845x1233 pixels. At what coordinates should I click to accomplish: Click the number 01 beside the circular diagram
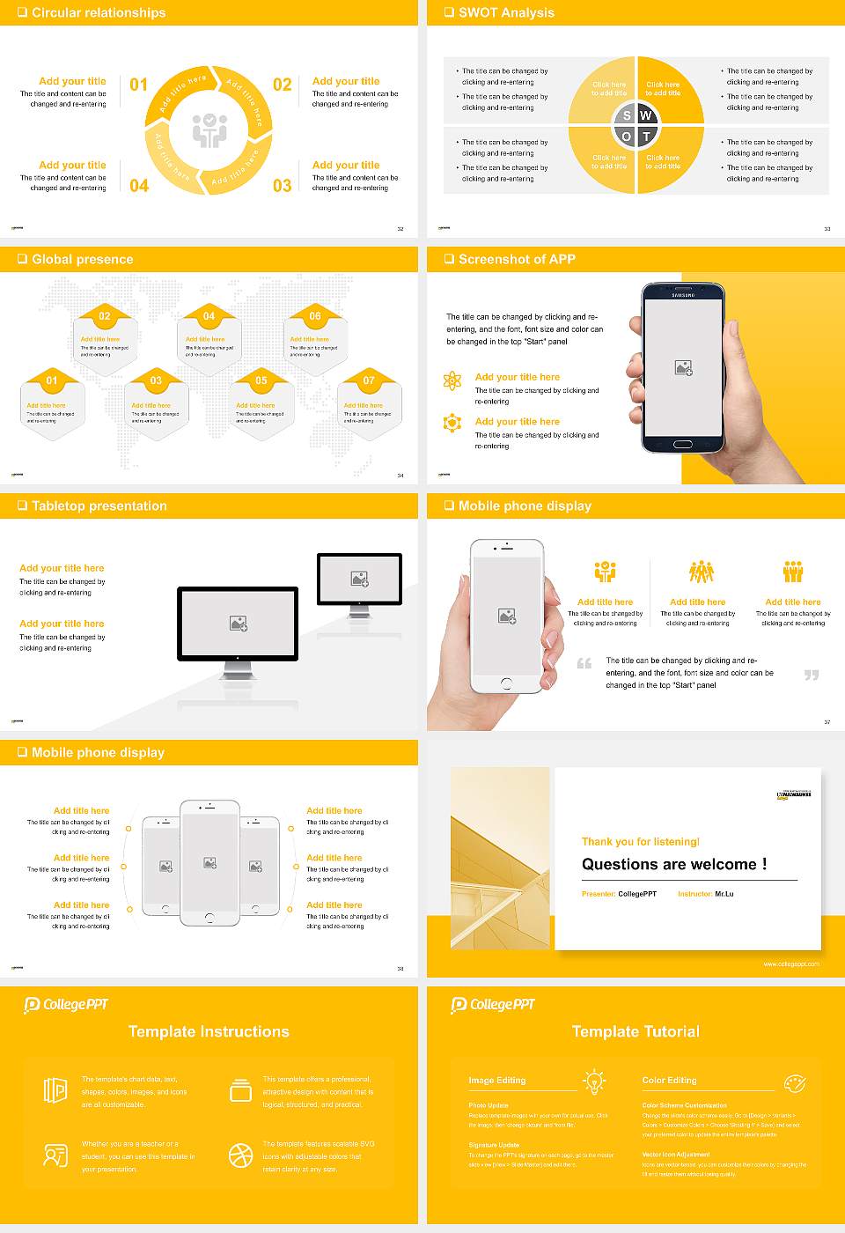point(139,85)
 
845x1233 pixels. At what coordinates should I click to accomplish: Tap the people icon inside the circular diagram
point(209,130)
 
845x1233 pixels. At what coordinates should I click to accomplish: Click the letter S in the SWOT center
point(627,115)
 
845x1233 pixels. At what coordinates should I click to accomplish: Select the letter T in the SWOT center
point(646,137)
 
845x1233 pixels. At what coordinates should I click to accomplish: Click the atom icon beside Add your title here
point(452,380)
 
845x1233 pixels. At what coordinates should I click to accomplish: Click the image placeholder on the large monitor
point(239,624)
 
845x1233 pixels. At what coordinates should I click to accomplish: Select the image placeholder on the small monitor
point(359,579)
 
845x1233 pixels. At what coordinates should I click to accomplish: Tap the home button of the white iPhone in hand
point(506,683)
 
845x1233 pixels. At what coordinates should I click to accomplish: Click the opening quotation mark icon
point(584,663)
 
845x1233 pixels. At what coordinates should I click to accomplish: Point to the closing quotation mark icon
point(812,675)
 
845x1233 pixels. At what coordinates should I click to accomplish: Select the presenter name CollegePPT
point(637,894)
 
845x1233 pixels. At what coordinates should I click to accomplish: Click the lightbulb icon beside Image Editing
point(594,1081)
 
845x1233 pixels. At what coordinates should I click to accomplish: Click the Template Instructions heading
point(209,1031)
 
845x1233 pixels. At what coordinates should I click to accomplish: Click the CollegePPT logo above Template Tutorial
point(493,1004)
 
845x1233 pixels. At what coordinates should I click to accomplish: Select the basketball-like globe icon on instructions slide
point(241,1155)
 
